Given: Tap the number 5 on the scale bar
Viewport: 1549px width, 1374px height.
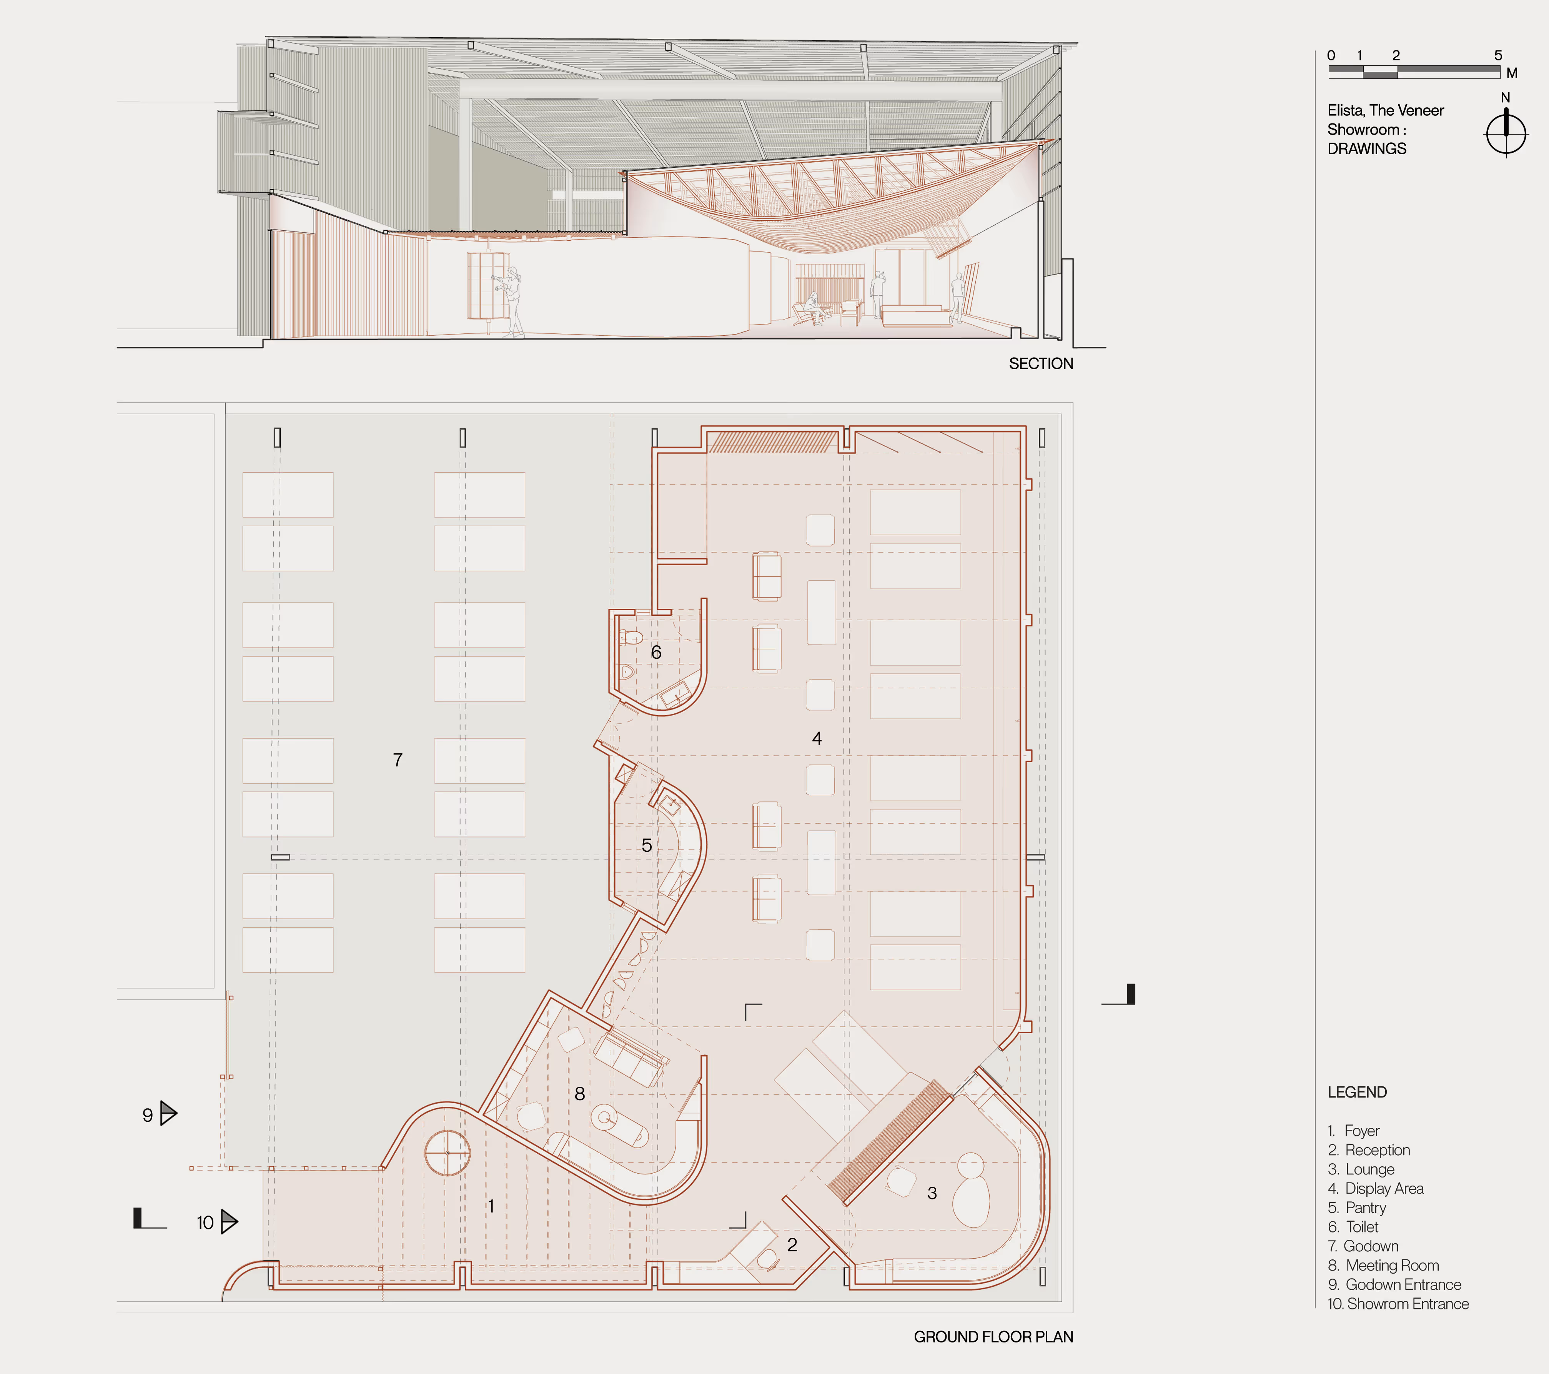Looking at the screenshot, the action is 1497,55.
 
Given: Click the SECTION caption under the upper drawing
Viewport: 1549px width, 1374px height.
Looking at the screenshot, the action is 1040,364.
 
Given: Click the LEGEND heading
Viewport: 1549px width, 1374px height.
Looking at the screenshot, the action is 1356,1092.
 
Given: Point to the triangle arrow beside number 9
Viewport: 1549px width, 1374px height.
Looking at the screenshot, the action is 168,1113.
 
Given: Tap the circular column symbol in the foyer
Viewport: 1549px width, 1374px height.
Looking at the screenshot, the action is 447,1153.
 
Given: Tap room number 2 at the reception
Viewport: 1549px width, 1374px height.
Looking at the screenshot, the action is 792,1244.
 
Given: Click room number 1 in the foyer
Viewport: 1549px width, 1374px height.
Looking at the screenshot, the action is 491,1206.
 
